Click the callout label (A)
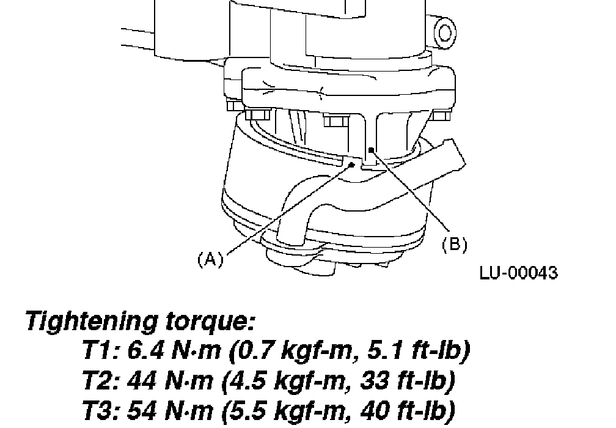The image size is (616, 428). pos(211,259)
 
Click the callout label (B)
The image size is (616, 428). pos(455,244)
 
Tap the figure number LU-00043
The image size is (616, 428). pos(518,273)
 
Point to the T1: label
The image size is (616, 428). pos(100,350)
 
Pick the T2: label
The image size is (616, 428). pos(100,380)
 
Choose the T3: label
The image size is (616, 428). pos(100,410)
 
